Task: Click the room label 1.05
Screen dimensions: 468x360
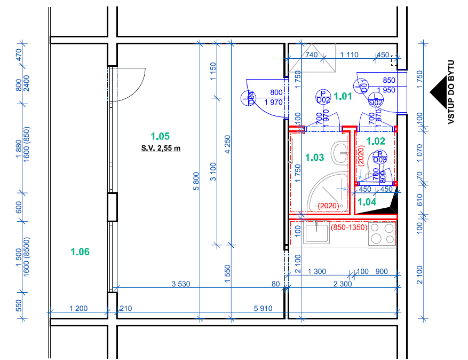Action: tap(160, 136)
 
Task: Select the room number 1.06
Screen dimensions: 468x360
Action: tap(80, 252)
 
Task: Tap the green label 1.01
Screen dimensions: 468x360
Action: tap(343, 96)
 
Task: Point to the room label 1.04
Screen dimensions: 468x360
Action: tap(367, 202)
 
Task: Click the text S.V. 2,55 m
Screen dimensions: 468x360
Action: tap(161, 148)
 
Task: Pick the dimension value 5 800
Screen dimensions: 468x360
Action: tap(196, 182)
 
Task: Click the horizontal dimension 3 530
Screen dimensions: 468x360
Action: tap(181, 284)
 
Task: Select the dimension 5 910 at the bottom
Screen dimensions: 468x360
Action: tap(263, 308)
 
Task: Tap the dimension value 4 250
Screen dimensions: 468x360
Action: tap(227, 145)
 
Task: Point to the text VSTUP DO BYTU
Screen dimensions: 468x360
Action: tap(451, 92)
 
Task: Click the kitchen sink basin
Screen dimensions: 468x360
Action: tap(316, 232)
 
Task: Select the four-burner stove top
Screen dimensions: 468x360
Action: tap(382, 233)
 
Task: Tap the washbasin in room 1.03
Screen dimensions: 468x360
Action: tap(339, 153)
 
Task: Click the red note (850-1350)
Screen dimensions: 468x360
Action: tap(349, 228)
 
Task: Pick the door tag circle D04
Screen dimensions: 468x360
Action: tap(248, 98)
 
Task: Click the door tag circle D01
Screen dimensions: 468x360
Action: tap(361, 87)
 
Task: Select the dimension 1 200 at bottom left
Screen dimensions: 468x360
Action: tap(78, 308)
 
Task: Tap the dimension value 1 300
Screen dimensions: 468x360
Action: tap(317, 271)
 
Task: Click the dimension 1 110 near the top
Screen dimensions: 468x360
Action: tap(349, 54)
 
